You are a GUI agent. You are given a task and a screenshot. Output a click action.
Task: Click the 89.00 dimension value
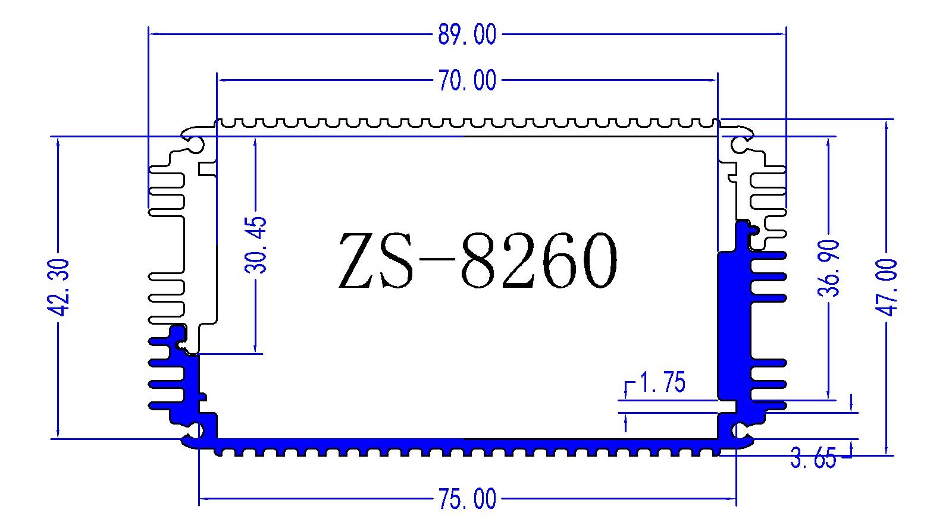pos(466,34)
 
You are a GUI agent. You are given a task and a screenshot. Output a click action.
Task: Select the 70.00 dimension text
pos(466,80)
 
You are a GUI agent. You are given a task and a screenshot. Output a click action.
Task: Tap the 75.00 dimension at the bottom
pos(466,499)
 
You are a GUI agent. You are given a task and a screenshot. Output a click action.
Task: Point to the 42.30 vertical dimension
pos(59,288)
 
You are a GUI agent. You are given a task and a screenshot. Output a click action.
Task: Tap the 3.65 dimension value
pos(813,459)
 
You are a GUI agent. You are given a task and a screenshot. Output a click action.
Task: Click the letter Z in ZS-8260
pos(361,260)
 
